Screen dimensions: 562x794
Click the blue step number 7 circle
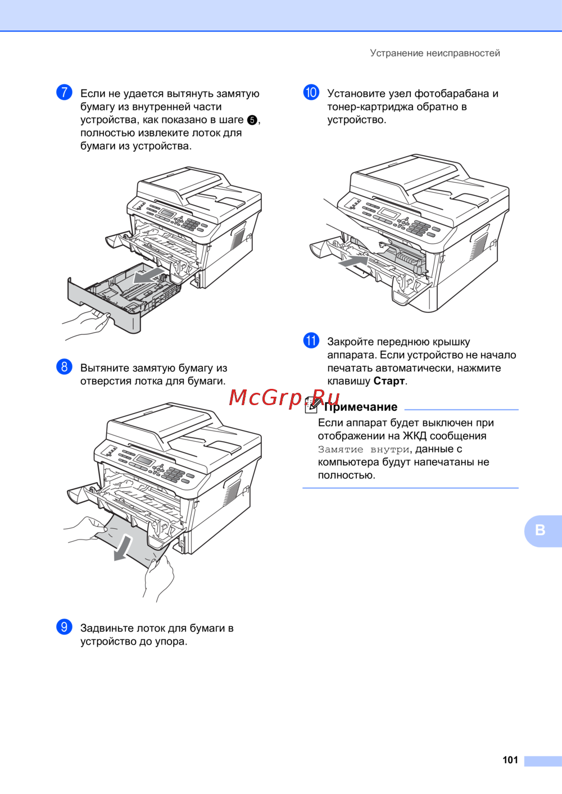[64, 93]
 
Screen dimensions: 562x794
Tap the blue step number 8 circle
[64, 366]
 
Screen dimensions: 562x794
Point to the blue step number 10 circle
[311, 93]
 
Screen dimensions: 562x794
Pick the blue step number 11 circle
[311, 341]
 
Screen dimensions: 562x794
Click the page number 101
[510, 760]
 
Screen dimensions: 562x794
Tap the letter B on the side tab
[540, 530]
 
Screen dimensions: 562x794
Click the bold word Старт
[389, 381]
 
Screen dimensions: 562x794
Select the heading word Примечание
[361, 407]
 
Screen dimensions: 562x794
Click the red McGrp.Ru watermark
[284, 397]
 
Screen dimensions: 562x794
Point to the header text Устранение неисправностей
[435, 53]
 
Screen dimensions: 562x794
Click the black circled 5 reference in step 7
[252, 120]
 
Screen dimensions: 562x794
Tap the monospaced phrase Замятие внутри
[364, 450]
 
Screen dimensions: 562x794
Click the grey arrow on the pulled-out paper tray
[149, 276]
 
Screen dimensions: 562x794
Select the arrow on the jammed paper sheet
[123, 548]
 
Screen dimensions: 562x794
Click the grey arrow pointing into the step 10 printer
[353, 262]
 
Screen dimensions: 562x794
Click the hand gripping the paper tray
[87, 323]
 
